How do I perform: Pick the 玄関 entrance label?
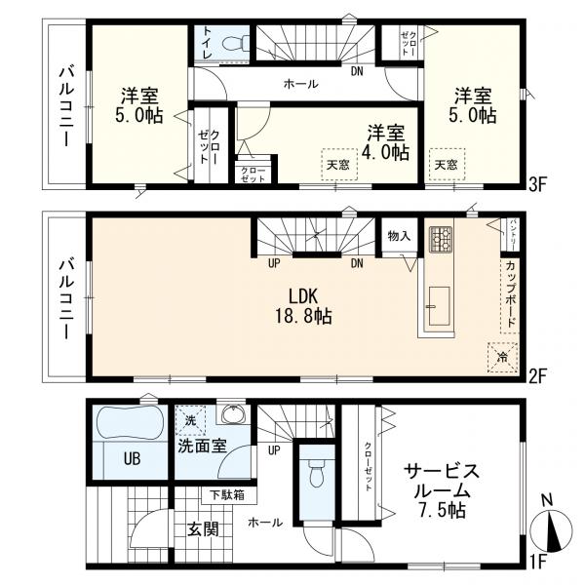point(203,529)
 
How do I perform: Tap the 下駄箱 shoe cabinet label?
point(221,494)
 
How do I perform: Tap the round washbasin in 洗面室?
point(232,416)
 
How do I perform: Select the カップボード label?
point(510,293)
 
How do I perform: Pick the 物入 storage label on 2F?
point(398,236)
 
